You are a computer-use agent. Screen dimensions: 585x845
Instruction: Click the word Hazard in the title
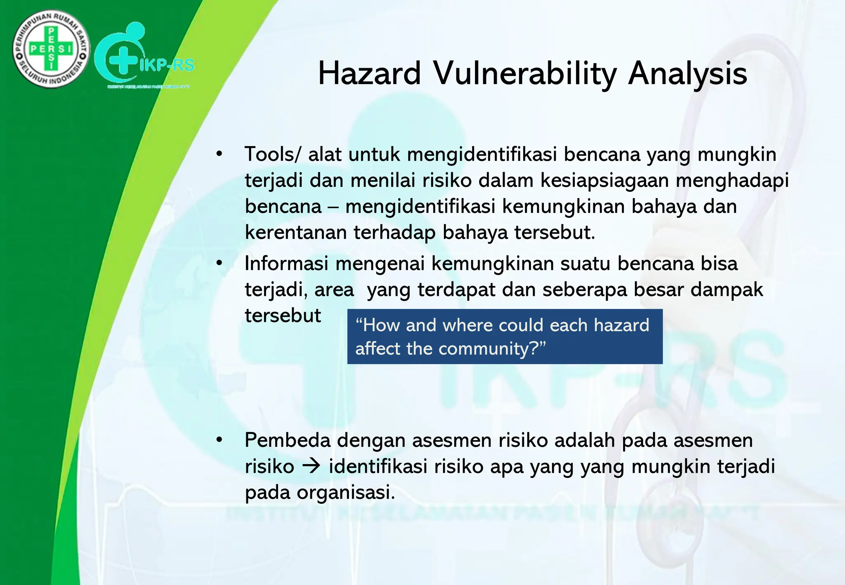pos(369,74)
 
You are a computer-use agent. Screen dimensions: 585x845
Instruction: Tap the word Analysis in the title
pos(687,74)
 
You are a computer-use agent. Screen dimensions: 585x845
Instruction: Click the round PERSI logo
pos(51,49)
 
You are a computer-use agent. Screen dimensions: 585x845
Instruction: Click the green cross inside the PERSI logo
pos(51,49)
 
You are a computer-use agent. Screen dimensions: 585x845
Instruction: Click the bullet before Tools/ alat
pos(219,154)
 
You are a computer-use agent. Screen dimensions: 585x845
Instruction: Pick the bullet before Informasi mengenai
pos(219,263)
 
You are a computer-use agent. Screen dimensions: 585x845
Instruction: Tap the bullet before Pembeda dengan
pos(219,440)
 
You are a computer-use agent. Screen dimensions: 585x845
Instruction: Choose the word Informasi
pos(286,263)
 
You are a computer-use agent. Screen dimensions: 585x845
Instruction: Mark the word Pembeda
pos(288,440)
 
